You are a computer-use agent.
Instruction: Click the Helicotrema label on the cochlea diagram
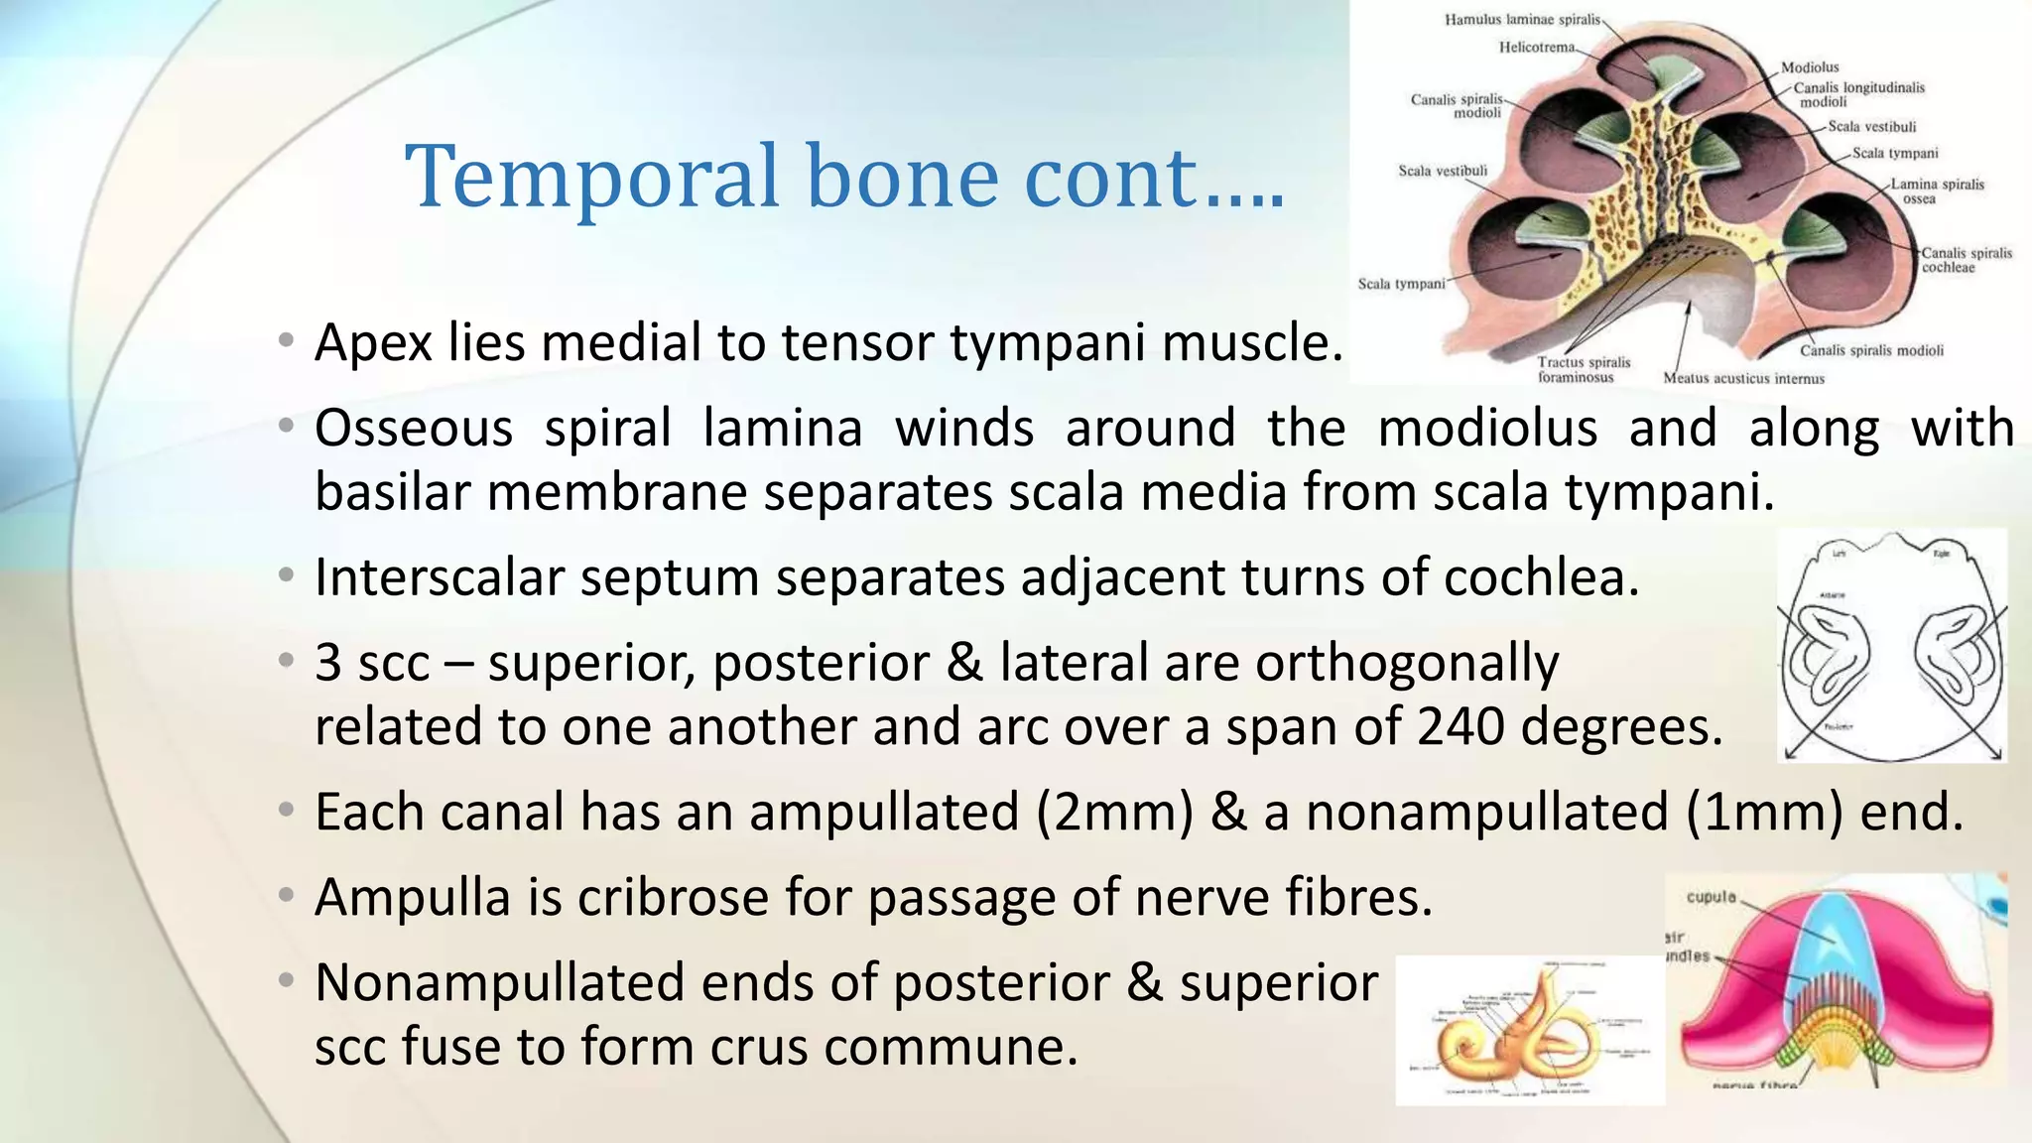pos(1536,47)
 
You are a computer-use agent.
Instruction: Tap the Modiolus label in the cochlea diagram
pos(1810,67)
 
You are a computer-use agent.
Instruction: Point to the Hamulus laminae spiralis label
pos(1522,19)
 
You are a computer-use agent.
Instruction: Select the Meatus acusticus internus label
pos(1743,378)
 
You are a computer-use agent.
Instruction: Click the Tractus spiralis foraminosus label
pos(1583,369)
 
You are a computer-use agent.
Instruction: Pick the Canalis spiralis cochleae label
pos(1967,260)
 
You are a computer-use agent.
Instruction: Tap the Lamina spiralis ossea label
pos(1936,190)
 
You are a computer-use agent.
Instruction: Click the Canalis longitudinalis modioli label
pos(1857,94)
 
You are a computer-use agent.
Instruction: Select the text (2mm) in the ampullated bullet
pos(1115,813)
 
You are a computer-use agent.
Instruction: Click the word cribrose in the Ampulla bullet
pos(673,898)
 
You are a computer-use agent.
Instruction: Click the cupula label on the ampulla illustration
pos(1712,897)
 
